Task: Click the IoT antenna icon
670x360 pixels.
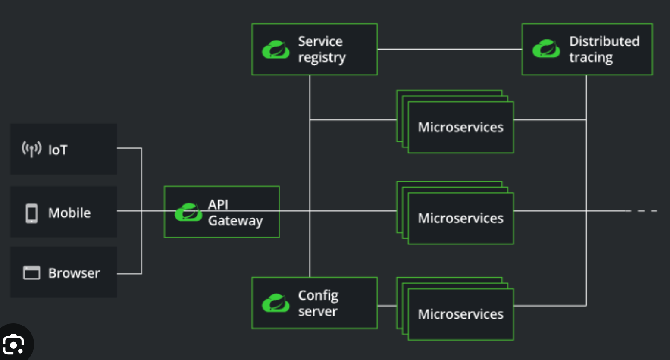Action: point(31,149)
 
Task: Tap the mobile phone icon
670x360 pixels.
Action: point(31,213)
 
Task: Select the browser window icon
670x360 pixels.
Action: point(31,273)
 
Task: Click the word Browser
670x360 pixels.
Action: point(74,273)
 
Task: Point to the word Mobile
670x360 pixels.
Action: point(69,213)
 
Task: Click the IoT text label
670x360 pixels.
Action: point(58,150)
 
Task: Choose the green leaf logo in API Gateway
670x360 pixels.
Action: point(188,213)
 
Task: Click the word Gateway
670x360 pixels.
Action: point(235,221)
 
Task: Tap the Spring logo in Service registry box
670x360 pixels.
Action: point(276,50)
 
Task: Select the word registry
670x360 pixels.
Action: point(322,58)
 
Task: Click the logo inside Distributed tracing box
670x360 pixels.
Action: point(546,49)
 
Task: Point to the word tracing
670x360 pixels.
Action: point(591,58)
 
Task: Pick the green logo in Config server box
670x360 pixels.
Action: point(276,303)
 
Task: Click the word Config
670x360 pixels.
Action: point(318,296)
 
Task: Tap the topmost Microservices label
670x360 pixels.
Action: point(460,128)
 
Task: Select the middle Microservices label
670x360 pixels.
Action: point(460,219)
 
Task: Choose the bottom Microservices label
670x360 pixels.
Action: point(460,314)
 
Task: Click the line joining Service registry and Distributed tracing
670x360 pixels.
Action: point(449,49)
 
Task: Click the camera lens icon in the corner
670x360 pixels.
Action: point(13,344)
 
